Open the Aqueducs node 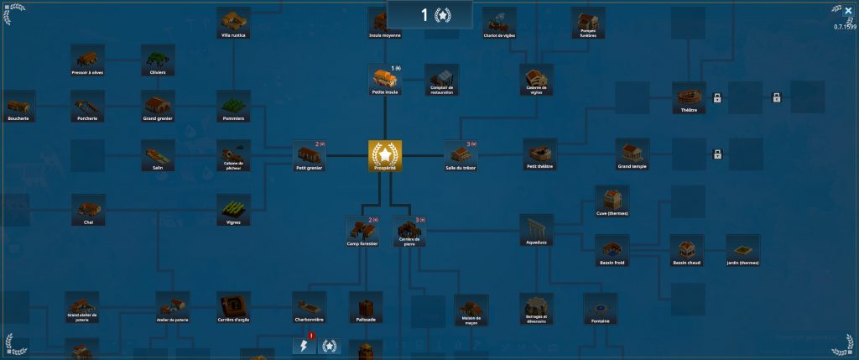coord(536,229)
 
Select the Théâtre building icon coord(689,97)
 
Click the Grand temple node coord(632,154)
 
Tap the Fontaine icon coord(600,306)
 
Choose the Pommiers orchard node coord(234,106)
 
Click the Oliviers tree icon coord(158,59)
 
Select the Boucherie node coord(18,106)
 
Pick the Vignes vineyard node coord(234,210)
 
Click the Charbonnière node coord(309,306)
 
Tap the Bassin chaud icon coord(686,249)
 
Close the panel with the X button coord(848,11)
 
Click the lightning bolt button coord(304,346)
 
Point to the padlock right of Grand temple coord(717,154)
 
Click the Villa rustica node coord(234,23)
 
